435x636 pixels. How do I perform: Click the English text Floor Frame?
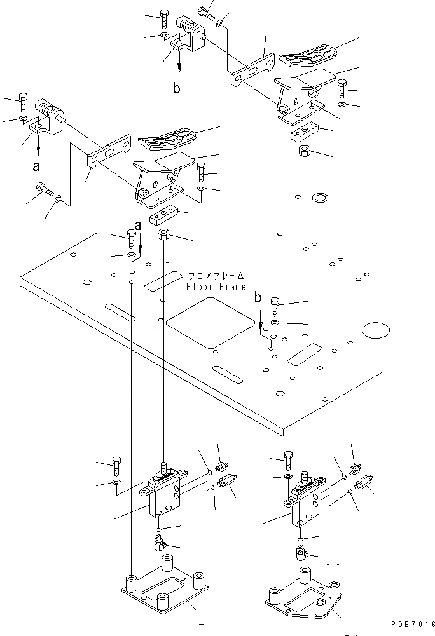point(216,287)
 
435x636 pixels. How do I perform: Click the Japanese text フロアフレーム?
point(216,276)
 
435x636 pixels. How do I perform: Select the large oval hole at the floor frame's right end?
point(375,330)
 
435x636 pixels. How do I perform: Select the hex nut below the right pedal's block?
point(305,152)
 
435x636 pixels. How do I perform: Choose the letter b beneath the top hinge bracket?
point(176,89)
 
